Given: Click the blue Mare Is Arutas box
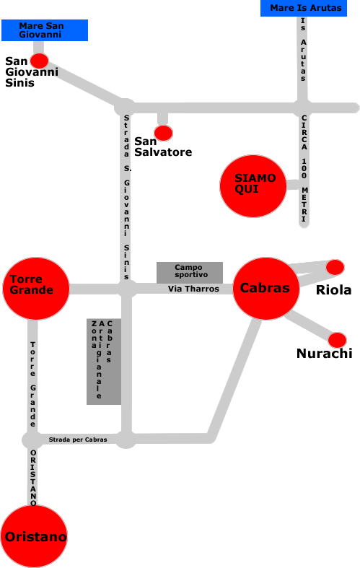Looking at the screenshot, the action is pyautogui.click(x=304, y=8).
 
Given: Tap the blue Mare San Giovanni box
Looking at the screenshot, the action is pyautogui.click(x=45, y=30).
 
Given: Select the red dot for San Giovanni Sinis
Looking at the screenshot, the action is pyautogui.click(x=39, y=61).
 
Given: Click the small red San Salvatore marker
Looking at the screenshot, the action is pyautogui.click(x=163, y=133).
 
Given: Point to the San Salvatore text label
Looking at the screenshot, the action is pyautogui.click(x=163, y=147).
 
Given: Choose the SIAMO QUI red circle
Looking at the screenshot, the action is pyautogui.click(x=253, y=185).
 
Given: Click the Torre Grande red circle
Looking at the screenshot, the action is pyautogui.click(x=36, y=289).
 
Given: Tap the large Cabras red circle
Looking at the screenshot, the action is pyautogui.click(x=266, y=289).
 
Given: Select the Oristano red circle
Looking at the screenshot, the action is pyautogui.click(x=34, y=536).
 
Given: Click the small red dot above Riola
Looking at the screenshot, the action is pyautogui.click(x=335, y=267).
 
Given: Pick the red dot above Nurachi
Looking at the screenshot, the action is pyautogui.click(x=337, y=340).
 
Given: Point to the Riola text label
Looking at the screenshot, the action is pyautogui.click(x=333, y=290).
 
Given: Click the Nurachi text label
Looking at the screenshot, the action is pyautogui.click(x=325, y=353).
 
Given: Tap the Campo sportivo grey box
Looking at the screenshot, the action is pyautogui.click(x=190, y=273).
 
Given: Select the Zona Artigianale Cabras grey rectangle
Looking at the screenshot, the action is pyautogui.click(x=104, y=362).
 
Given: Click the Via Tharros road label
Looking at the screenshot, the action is pyautogui.click(x=193, y=289).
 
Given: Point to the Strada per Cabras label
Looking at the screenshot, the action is pyautogui.click(x=78, y=440).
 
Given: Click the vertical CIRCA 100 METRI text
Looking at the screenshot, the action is pyautogui.click(x=304, y=168).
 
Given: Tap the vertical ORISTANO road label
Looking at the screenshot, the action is pyautogui.click(x=33, y=478).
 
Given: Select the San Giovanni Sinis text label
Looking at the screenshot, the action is pyautogui.click(x=32, y=71).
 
